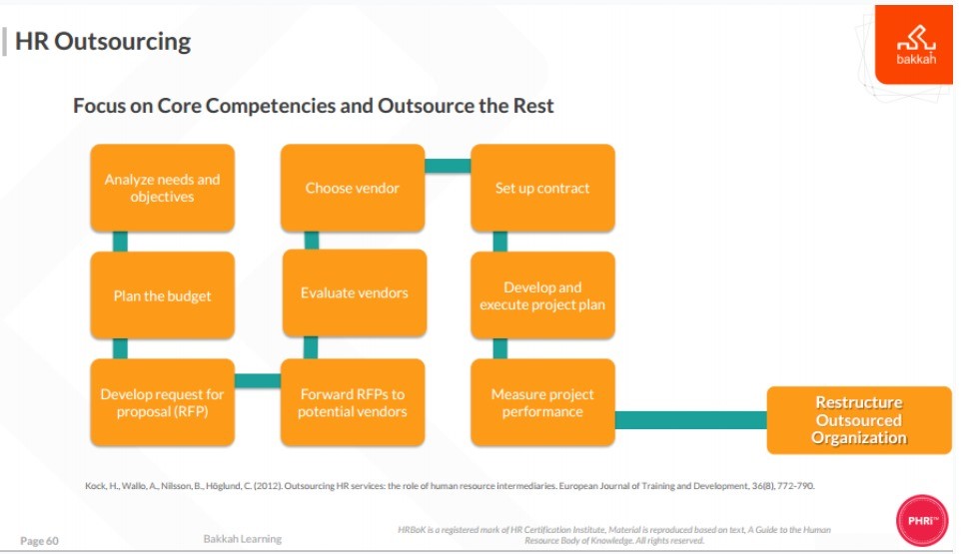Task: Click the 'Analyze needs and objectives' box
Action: point(162,188)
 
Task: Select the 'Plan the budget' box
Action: point(162,295)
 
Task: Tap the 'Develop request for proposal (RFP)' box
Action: point(162,402)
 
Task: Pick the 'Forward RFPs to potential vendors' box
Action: point(353,402)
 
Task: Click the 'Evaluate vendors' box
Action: point(355,293)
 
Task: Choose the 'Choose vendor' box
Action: point(353,188)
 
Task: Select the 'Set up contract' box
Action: point(542,188)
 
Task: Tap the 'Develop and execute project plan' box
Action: point(542,295)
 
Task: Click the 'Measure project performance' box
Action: point(542,402)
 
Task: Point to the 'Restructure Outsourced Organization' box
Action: point(859,420)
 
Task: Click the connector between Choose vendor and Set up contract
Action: point(448,166)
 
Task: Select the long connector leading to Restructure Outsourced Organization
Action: point(691,420)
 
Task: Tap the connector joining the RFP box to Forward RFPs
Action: point(258,381)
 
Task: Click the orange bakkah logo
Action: point(914,44)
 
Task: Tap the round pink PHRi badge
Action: point(922,521)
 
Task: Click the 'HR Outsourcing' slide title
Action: point(103,41)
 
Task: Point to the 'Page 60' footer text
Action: point(39,541)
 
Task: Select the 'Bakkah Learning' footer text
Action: point(243,539)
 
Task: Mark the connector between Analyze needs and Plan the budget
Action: point(120,242)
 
